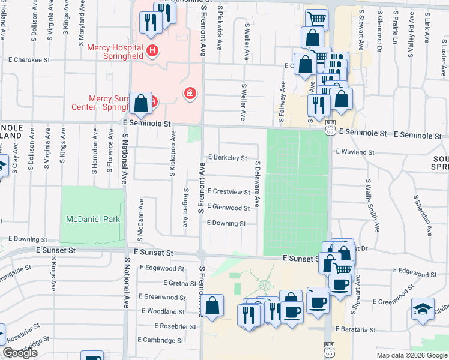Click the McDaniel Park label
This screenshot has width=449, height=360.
tap(94, 219)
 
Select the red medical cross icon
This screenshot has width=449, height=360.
tap(190, 93)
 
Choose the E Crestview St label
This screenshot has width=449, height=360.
tap(229, 192)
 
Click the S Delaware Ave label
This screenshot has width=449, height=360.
tap(257, 184)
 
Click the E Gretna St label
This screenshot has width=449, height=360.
tap(176, 283)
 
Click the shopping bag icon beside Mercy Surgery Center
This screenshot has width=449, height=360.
tap(140, 104)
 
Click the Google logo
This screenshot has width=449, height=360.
tap(20, 353)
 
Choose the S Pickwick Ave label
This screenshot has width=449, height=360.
tap(220, 29)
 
